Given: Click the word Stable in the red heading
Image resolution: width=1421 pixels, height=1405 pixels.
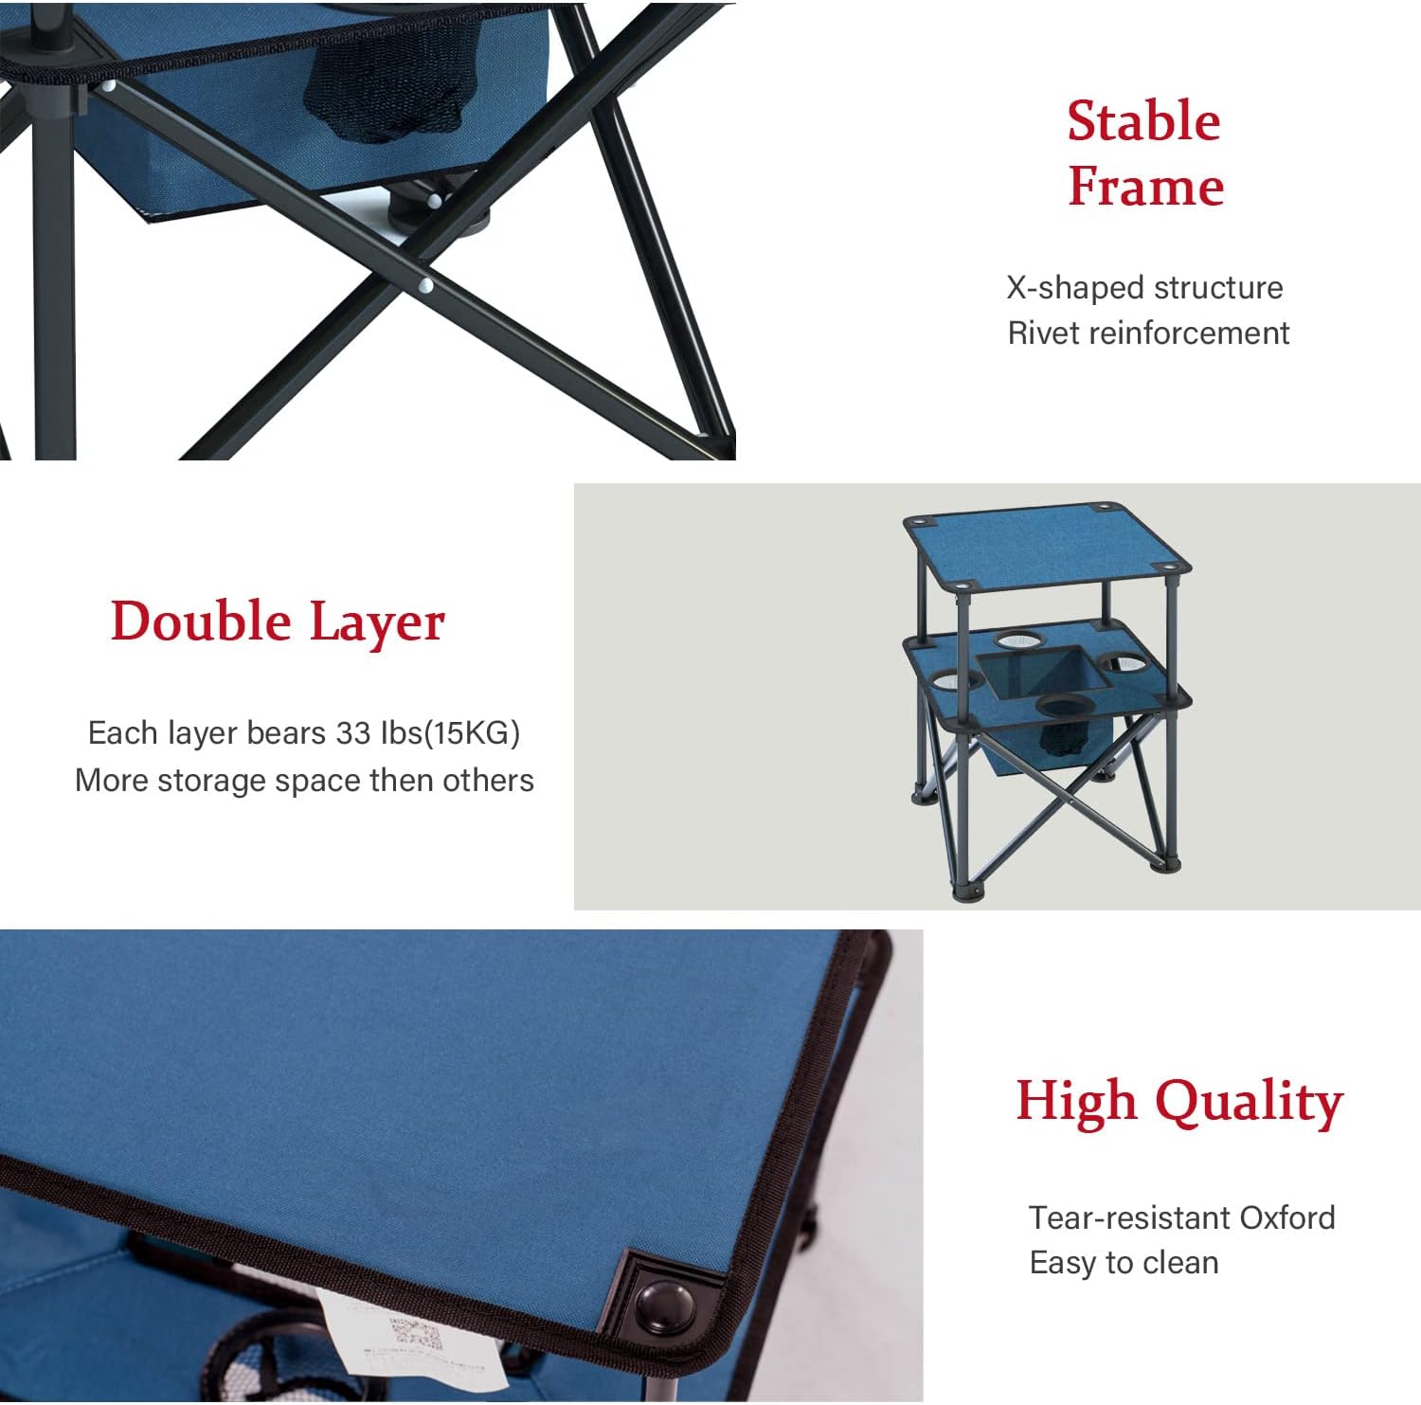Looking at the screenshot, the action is (1143, 121).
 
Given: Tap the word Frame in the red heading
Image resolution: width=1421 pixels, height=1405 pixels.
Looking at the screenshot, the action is (1145, 186).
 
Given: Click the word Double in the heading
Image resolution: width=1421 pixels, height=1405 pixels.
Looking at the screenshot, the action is (201, 621).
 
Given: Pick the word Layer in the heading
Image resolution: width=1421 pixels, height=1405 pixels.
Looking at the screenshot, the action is (377, 623).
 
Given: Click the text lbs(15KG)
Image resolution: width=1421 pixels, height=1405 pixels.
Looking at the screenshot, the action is (450, 733).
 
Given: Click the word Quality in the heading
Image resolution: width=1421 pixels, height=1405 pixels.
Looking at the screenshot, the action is (1250, 1103).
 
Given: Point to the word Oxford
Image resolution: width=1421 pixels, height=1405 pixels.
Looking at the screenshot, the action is (1287, 1217).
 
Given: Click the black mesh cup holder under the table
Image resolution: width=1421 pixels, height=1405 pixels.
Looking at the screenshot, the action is (387, 93).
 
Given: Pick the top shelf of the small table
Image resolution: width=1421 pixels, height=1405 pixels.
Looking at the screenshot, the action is (1047, 549).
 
